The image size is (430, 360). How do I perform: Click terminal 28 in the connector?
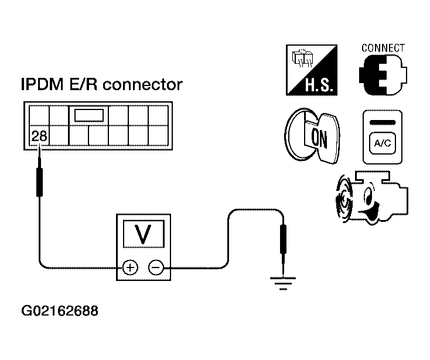(x=39, y=136)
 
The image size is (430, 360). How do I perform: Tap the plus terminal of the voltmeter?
(x=130, y=267)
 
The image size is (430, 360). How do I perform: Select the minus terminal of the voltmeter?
(x=156, y=267)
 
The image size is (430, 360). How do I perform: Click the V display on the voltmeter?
(x=144, y=234)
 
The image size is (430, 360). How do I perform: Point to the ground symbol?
(x=283, y=283)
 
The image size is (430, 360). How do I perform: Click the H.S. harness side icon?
(x=312, y=70)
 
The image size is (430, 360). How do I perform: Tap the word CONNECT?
(x=383, y=48)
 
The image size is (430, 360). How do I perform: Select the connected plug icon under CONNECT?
(x=383, y=74)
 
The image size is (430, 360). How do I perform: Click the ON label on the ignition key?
(x=319, y=138)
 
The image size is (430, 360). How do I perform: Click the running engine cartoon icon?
(x=372, y=197)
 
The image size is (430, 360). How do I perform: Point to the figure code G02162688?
(x=60, y=311)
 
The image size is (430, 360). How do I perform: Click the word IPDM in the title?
(x=42, y=84)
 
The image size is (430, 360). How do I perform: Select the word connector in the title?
(x=142, y=85)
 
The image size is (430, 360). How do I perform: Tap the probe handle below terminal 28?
(x=39, y=182)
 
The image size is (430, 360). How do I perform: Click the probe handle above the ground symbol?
(x=283, y=239)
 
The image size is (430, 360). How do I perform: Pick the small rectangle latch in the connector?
(x=89, y=115)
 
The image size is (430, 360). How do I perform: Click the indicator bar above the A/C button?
(x=383, y=122)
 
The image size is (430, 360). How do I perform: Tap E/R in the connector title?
(x=83, y=84)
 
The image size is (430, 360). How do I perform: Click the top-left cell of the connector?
(x=39, y=116)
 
